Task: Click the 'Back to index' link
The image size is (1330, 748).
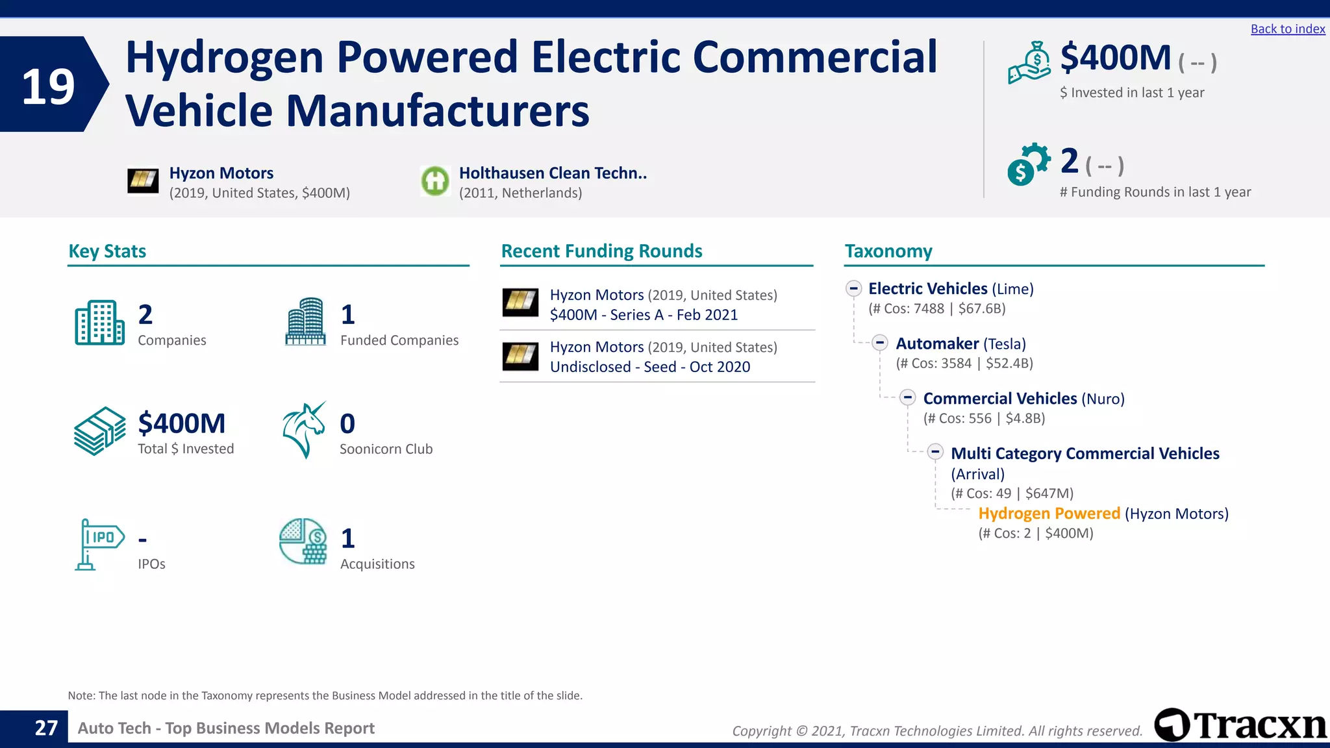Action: [1287, 29]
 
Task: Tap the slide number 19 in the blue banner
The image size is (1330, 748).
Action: [48, 86]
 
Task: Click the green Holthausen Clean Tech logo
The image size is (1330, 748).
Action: [434, 181]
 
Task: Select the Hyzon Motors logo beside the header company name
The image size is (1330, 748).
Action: [143, 181]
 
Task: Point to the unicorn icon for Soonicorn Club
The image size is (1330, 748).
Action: [303, 430]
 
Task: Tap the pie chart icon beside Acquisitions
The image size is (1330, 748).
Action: [303, 541]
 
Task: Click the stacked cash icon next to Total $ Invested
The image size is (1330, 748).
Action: [99, 430]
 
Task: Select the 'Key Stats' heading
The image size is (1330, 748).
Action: [107, 251]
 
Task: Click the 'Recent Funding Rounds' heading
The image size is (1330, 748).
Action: [601, 251]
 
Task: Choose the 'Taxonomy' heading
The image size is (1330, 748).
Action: [888, 251]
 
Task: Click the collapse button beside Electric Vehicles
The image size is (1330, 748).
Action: [853, 288]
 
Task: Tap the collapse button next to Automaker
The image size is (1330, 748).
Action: [880, 343]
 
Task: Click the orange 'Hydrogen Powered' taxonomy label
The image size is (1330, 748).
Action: [1049, 514]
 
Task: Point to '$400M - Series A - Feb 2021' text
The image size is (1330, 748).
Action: [644, 315]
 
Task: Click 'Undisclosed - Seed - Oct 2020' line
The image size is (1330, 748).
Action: [649, 367]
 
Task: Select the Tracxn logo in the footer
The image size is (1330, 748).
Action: [1240, 725]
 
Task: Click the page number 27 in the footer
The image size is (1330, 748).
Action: [46, 728]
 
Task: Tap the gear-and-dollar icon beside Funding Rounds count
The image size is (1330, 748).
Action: [1028, 164]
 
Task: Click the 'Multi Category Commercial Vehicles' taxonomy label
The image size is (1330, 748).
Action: [1085, 453]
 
